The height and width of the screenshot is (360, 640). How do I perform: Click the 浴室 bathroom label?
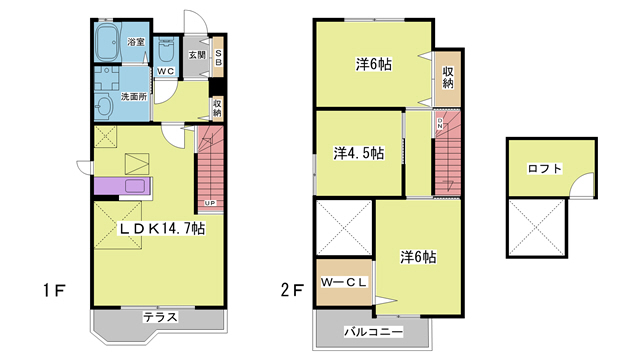click(136, 43)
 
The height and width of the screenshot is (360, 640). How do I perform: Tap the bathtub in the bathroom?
click(106, 43)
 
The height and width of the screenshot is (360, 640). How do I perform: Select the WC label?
click(166, 71)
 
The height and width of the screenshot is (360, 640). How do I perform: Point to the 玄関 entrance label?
click(196, 56)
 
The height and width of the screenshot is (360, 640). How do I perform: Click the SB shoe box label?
click(219, 57)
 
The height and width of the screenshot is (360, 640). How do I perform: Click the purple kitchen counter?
click(121, 186)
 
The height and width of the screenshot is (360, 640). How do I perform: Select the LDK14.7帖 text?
click(163, 228)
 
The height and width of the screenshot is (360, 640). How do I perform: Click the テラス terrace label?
click(160, 317)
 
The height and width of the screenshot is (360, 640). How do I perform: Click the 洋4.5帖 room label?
click(358, 153)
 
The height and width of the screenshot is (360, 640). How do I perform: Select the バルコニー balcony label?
click(373, 330)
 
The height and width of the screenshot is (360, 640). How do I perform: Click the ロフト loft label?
click(544, 168)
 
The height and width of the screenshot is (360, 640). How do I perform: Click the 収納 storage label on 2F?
click(449, 77)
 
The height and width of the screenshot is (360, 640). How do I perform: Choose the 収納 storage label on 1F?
click(217, 107)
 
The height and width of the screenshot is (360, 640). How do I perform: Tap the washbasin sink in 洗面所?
click(105, 107)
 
